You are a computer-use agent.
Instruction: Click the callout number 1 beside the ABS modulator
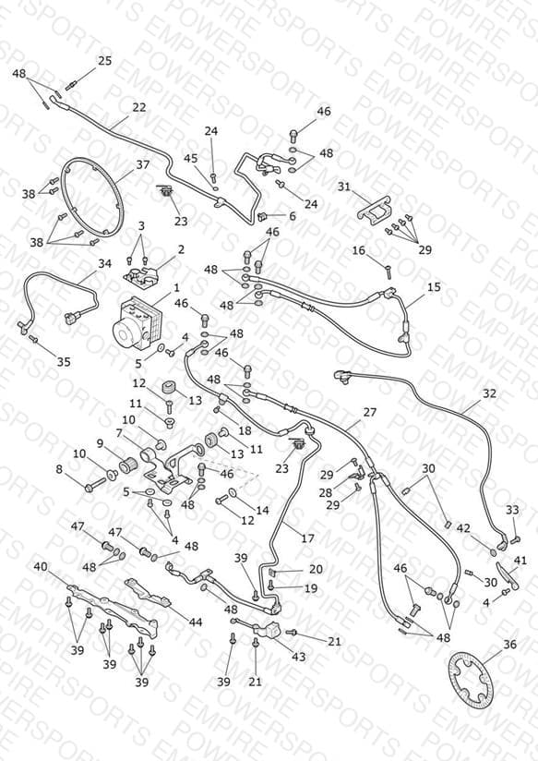pos(176,288)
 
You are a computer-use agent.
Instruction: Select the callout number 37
pos(143,165)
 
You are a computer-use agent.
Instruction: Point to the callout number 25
pos(105,61)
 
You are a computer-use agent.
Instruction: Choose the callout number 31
pos(344,187)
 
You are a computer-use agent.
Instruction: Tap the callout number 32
pos(489,393)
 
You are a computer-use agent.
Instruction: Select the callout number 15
pos(434,287)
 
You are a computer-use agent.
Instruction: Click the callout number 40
pos(41,567)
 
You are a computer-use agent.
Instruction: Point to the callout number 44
pos(196,622)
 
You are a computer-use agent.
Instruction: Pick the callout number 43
pos(298,657)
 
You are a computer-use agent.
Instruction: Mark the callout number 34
pos(105,263)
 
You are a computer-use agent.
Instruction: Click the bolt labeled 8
pos(96,485)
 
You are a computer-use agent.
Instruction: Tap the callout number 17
pos(307,538)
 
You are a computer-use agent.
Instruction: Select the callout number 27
pos(370,412)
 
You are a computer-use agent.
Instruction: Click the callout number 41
pos(520,561)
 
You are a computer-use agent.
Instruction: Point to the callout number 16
pos(358,250)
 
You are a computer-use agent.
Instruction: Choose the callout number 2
pos(181,249)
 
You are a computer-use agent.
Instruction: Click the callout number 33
pos(512,510)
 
